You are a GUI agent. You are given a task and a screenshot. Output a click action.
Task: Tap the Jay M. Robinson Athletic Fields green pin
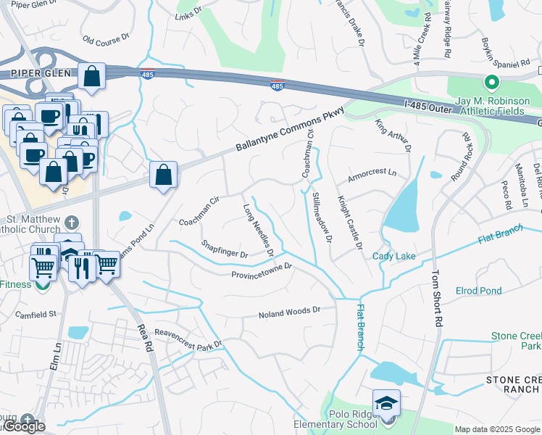click(493, 83)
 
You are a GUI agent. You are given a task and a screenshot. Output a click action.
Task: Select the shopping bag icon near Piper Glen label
click(92, 75)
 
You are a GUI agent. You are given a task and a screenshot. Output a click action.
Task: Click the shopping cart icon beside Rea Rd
click(107, 263)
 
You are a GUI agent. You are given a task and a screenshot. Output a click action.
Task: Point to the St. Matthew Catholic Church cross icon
click(71, 223)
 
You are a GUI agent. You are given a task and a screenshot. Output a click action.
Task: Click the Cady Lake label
click(394, 256)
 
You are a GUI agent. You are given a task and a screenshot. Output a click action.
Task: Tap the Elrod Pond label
click(478, 291)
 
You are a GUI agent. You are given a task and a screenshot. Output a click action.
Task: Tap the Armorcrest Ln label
click(372, 173)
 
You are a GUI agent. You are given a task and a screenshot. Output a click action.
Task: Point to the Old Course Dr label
click(105, 38)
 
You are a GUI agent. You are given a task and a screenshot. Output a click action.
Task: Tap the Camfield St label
click(37, 314)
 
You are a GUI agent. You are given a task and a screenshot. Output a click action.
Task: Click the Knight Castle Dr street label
click(349, 221)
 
